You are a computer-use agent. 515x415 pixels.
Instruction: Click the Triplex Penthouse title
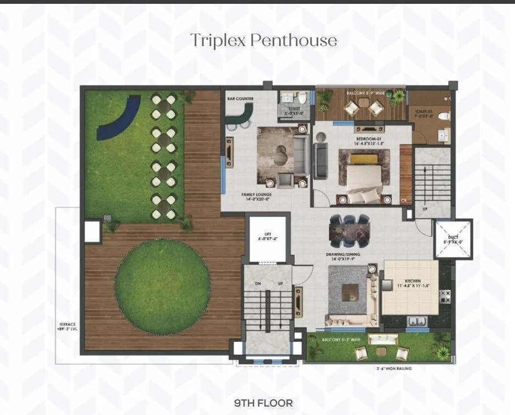coord(263,40)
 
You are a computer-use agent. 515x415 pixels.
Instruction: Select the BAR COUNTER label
coord(240,99)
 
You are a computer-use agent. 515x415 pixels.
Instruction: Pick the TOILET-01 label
coord(424,113)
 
